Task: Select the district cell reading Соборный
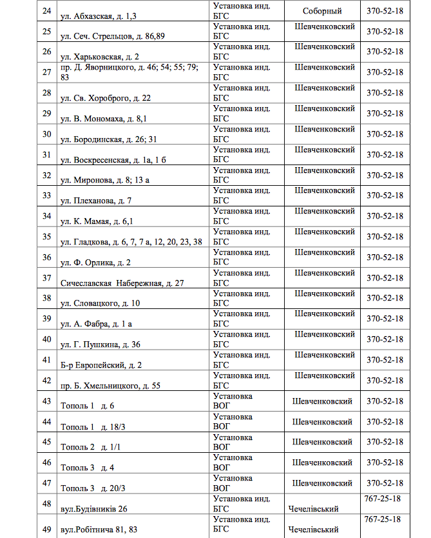click(322, 11)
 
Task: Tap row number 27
click(46, 72)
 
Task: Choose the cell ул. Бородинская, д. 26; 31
click(108, 139)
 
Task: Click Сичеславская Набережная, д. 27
click(122, 283)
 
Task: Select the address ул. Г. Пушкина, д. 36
click(100, 344)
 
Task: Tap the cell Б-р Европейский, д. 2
click(101, 365)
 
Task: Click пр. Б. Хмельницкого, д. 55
click(110, 386)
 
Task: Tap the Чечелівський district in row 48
click(313, 509)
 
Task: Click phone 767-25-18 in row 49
click(383, 519)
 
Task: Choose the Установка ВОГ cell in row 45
click(233, 442)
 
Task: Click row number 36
click(46, 257)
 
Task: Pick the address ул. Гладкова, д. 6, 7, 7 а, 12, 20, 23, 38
click(131, 242)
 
